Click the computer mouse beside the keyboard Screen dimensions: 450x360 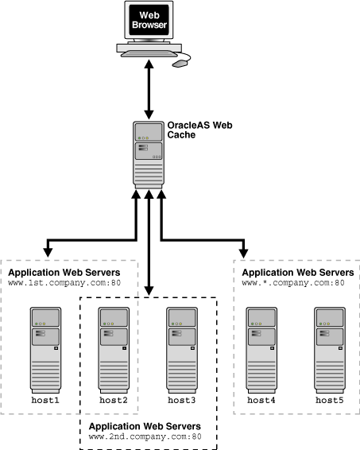tap(182, 61)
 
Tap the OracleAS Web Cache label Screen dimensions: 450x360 tap(195, 130)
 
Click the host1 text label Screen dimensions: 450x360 tap(46, 399)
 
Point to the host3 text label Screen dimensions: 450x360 tap(181, 399)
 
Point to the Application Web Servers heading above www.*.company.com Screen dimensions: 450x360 tap(296, 271)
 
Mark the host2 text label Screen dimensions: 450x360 tap(114, 399)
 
